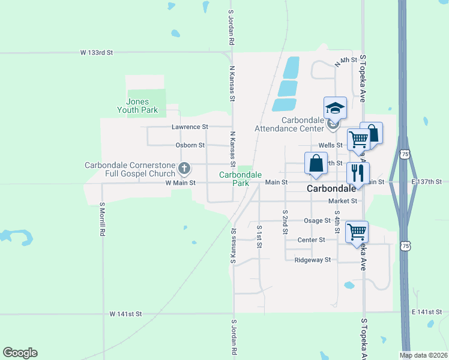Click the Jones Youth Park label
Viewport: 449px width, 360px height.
(x=137, y=106)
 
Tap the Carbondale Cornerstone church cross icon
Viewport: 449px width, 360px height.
(x=185, y=167)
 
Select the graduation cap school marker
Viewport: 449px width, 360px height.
(x=335, y=109)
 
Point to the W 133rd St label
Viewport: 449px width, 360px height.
(x=97, y=53)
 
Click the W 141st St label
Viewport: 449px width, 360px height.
(x=126, y=314)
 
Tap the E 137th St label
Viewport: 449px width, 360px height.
(x=426, y=181)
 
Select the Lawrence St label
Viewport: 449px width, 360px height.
(x=190, y=127)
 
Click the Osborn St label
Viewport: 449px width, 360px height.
(x=190, y=145)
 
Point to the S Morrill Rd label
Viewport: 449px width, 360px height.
(x=103, y=220)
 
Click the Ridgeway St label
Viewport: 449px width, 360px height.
(x=312, y=260)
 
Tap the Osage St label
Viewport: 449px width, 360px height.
(x=317, y=221)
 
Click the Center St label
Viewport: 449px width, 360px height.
(x=311, y=239)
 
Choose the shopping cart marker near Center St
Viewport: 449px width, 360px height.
(x=357, y=231)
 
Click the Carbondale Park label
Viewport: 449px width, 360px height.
(x=241, y=178)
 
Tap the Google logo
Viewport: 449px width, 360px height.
(x=20, y=353)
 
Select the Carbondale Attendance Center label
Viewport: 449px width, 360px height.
(x=289, y=124)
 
